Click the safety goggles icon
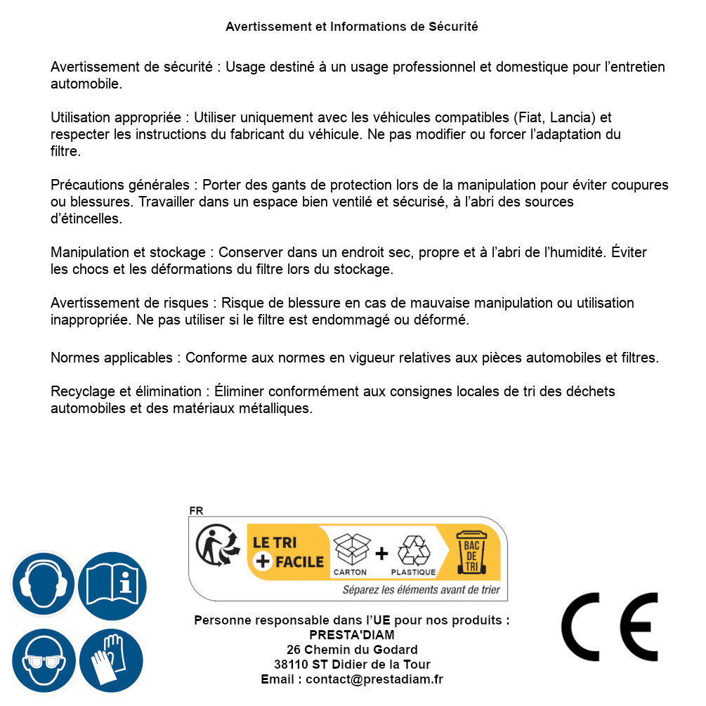tap(43, 660)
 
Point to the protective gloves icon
tap(111, 660)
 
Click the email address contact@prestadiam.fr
tap(374, 679)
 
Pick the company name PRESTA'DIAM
tap(352, 635)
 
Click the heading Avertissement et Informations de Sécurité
tap(351, 27)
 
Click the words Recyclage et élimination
tap(126, 391)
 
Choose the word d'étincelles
tap(86, 218)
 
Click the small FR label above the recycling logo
tap(196, 511)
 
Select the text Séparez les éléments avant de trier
tap(421, 589)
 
